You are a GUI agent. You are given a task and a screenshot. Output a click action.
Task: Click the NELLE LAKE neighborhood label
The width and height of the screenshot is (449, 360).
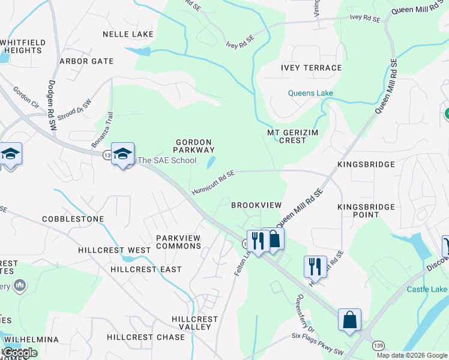[128, 34]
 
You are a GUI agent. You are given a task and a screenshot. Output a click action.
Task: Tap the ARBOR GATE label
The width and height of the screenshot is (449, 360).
[86, 61]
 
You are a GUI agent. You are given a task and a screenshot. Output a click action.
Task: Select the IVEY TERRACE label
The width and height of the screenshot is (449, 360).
[311, 68]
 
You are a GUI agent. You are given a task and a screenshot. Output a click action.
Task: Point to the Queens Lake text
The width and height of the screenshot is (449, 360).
[310, 93]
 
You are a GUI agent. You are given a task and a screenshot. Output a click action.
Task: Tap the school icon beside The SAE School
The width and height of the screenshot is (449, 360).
[122, 154]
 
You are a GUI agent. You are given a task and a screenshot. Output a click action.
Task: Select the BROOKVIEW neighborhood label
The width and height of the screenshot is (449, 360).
[256, 205]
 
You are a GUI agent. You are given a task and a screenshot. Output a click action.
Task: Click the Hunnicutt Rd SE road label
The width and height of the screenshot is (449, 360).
[213, 182]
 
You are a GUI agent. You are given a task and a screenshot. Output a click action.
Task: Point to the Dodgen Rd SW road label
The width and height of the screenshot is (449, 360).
[52, 100]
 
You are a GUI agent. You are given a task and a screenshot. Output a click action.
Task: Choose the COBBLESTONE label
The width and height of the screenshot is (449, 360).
[73, 219]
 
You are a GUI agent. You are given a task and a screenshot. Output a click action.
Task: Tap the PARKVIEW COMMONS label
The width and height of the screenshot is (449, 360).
[178, 242]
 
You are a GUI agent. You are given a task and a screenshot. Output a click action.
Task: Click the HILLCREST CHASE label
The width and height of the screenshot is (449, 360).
[146, 337]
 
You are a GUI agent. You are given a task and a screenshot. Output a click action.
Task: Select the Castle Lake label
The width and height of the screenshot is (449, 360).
[427, 289]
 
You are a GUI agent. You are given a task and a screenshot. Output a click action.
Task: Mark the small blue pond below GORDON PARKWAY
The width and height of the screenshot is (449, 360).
[211, 162]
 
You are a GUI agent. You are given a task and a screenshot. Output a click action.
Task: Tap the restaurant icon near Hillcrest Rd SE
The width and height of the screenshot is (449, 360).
[315, 266]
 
